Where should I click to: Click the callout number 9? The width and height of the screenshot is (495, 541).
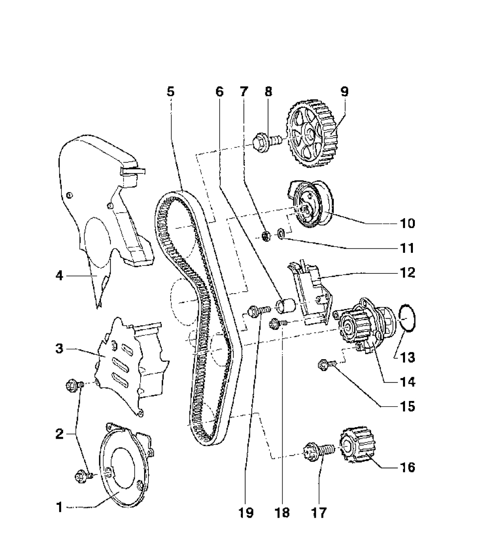pyautogui.click(x=344, y=91)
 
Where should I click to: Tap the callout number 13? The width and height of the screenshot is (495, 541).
pyautogui.click(x=407, y=357)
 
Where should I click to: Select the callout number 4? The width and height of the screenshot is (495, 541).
pyautogui.click(x=59, y=276)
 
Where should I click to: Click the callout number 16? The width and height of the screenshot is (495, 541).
pyautogui.click(x=407, y=467)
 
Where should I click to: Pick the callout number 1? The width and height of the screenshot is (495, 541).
pyautogui.click(x=59, y=508)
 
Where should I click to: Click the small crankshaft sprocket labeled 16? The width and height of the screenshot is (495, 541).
pyautogui.click(x=357, y=445)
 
